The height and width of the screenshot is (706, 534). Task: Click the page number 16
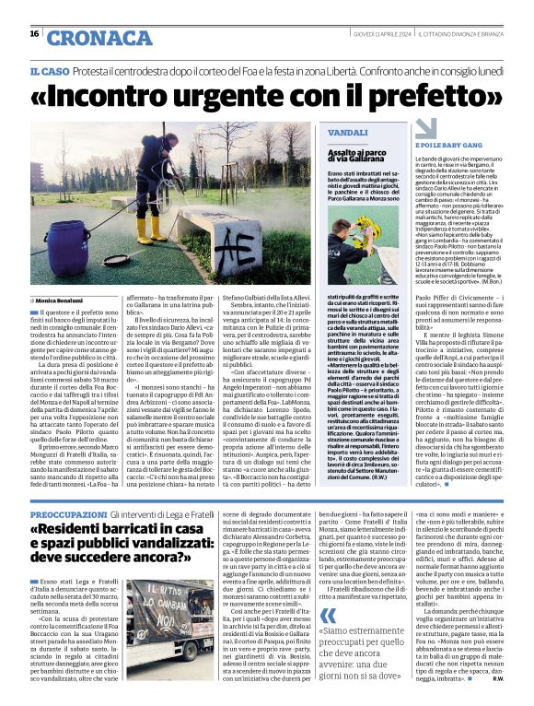(34, 33)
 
